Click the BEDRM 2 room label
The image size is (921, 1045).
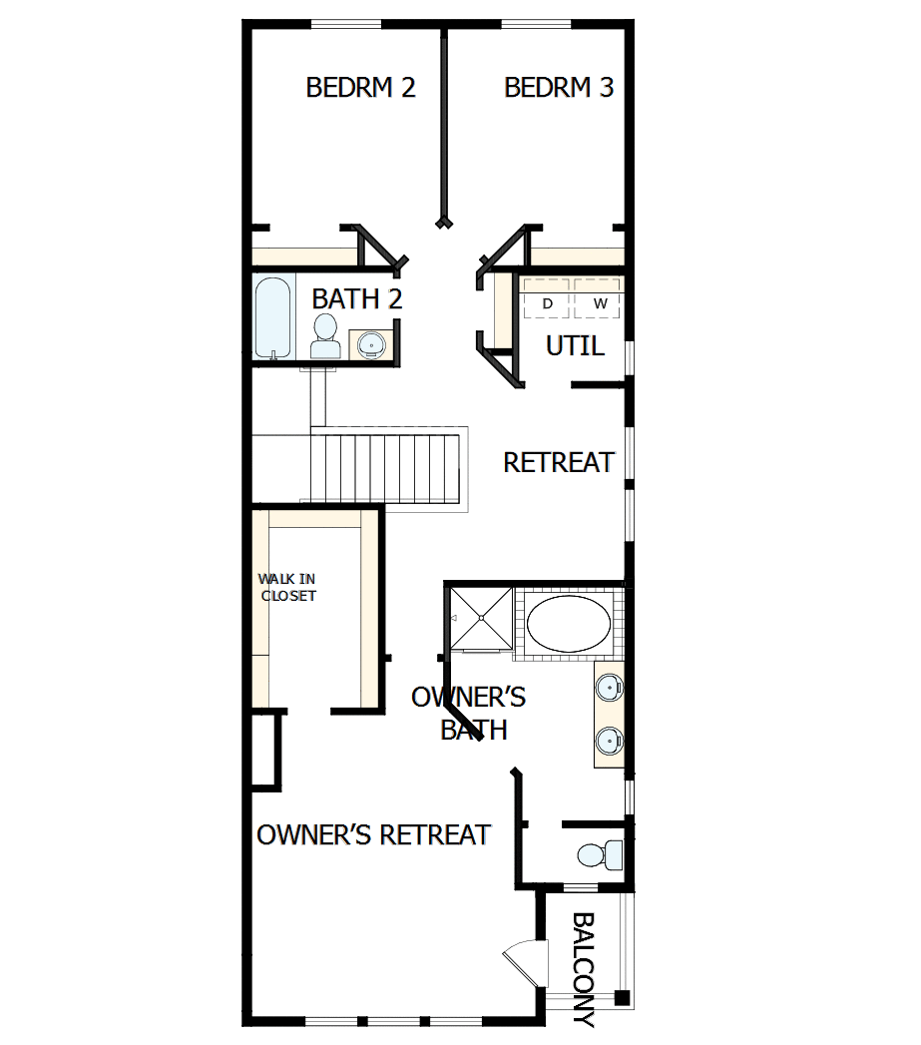tap(360, 88)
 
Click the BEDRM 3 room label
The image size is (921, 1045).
tap(559, 88)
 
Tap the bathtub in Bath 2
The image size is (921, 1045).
tap(272, 317)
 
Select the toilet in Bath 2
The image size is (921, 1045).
tap(325, 335)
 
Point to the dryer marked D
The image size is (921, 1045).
tap(548, 301)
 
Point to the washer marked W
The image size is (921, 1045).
tap(600, 301)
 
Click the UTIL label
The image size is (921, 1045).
tap(575, 346)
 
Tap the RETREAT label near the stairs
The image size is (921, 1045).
tap(559, 463)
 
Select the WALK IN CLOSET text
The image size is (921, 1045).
tap(287, 587)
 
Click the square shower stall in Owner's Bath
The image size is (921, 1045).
tap(480, 619)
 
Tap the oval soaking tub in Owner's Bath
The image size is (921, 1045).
tap(568, 625)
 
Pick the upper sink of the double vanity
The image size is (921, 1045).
tap(609, 688)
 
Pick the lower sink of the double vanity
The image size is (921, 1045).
tap(609, 742)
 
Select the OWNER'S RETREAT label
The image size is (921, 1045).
tap(373, 834)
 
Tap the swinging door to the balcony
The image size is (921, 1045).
tap(525, 963)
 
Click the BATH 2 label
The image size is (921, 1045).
tap(356, 298)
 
